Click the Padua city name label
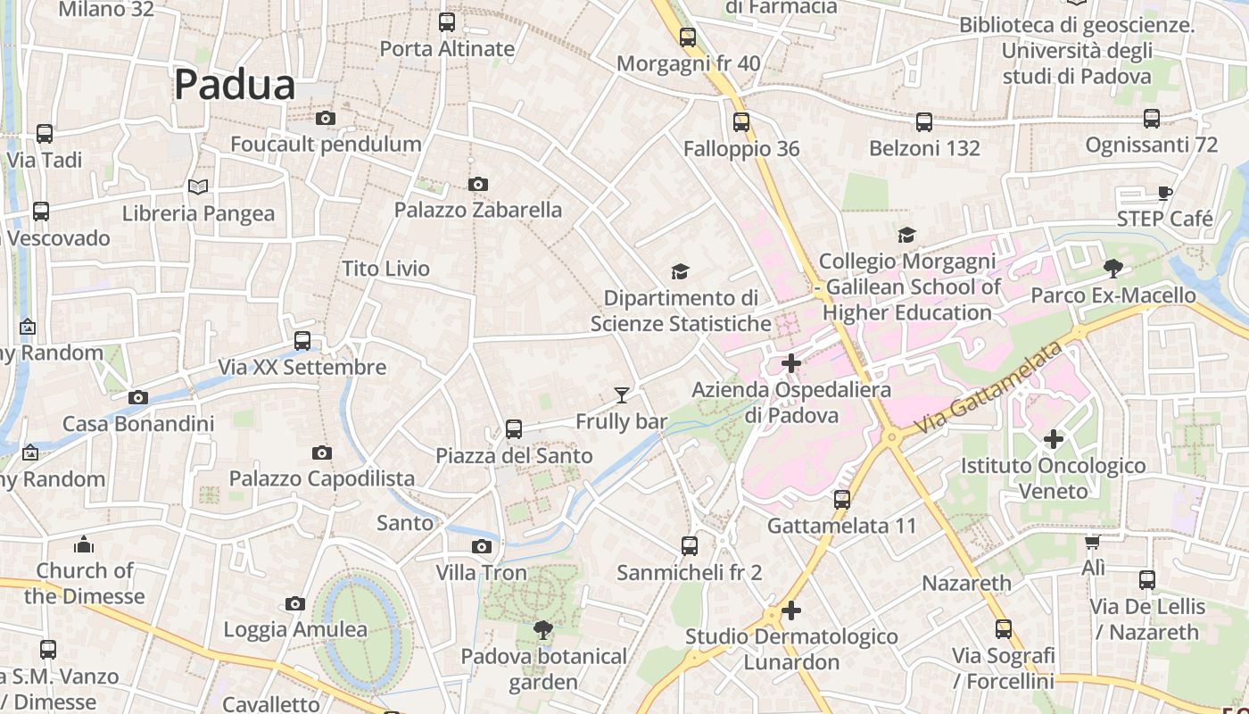coord(235,85)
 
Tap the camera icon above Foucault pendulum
coord(326,118)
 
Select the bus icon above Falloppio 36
coord(741,122)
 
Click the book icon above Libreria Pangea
coord(198,187)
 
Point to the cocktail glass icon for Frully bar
coord(622,394)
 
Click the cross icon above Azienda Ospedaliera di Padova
coord(791,363)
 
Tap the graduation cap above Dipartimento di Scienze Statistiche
coord(681,271)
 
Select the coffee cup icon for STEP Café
coord(1164,192)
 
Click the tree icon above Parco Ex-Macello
coord(1113,268)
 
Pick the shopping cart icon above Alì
coord(1092,542)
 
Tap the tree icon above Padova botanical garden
coord(542,630)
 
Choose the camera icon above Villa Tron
coord(482,546)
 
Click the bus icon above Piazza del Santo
coord(514,429)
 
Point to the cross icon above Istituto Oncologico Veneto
coord(1054,438)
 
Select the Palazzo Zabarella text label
coord(478,210)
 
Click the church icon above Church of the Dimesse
coord(84,544)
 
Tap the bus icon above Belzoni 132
coord(924,122)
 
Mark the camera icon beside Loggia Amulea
coord(295,604)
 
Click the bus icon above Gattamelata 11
coord(842,500)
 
